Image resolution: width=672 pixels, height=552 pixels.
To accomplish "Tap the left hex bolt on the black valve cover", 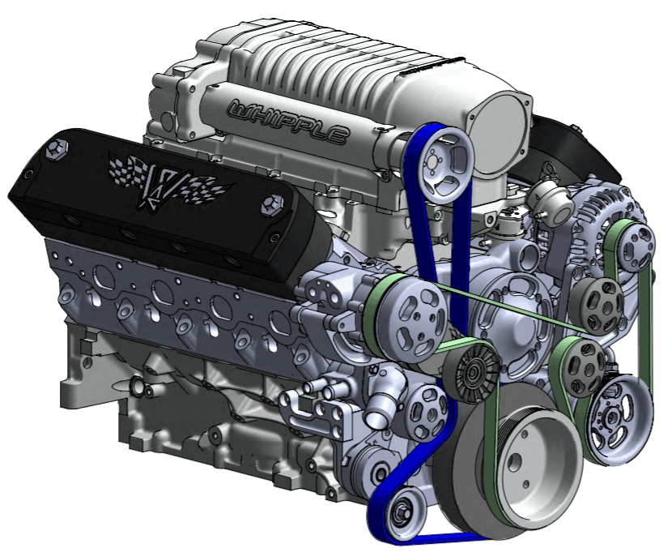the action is pos(57,149).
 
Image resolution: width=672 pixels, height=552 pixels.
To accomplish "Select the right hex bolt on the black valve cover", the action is pos(272,205).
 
